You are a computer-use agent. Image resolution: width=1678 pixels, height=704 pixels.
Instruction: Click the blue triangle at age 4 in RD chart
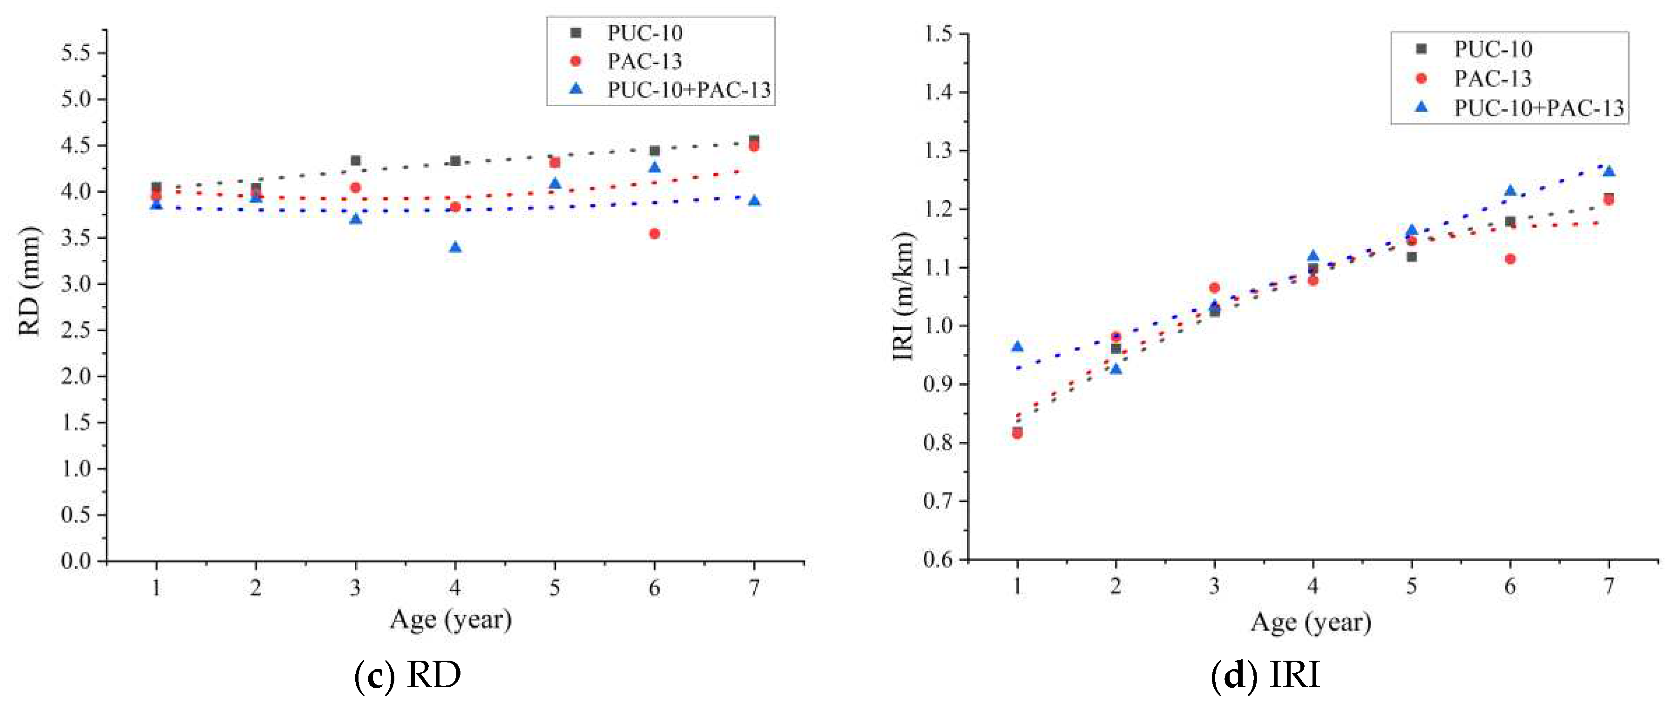[455, 248]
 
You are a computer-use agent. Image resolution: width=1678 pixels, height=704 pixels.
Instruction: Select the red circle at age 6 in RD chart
[655, 234]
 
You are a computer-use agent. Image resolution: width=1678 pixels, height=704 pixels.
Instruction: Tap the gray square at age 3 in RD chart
[356, 161]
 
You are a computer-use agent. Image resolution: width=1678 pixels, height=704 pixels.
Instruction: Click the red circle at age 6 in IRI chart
[1510, 259]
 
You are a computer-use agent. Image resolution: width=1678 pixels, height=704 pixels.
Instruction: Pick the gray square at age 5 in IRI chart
[1412, 257]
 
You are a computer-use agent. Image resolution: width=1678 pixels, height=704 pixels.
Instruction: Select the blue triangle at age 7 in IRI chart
[1608, 171]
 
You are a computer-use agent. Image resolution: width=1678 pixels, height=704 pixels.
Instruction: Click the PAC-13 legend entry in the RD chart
[643, 61]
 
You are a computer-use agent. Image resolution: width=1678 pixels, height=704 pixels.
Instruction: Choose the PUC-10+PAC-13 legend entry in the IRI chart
[1539, 108]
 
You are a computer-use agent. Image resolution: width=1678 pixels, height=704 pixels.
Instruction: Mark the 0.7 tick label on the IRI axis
[938, 501]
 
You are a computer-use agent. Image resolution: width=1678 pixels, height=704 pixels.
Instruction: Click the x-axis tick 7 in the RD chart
[754, 588]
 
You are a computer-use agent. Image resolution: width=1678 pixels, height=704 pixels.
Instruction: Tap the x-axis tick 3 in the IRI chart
[1214, 587]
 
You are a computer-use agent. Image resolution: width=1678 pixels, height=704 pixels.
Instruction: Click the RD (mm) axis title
[30, 281]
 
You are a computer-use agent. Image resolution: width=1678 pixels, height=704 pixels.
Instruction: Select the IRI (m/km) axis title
[904, 296]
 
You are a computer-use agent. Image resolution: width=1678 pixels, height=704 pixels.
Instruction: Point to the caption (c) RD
[408, 675]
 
